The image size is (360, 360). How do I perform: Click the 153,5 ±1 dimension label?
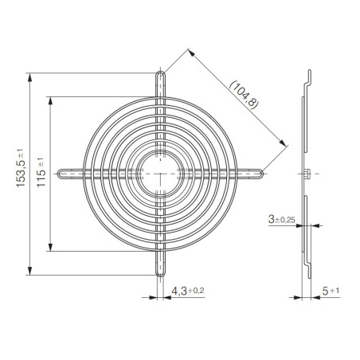point(21,168)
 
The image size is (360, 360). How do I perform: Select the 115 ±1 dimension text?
point(41,173)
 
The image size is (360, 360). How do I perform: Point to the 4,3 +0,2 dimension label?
point(188,291)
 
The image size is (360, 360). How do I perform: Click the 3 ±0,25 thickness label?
point(282,220)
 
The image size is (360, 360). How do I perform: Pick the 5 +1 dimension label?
point(331,291)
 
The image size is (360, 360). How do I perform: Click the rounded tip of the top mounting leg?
point(160,72)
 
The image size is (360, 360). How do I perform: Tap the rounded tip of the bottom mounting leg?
point(160,276)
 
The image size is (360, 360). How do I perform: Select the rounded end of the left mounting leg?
point(59,174)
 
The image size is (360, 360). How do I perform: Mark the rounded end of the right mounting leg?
point(262,174)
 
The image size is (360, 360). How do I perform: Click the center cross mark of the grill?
point(160,174)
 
